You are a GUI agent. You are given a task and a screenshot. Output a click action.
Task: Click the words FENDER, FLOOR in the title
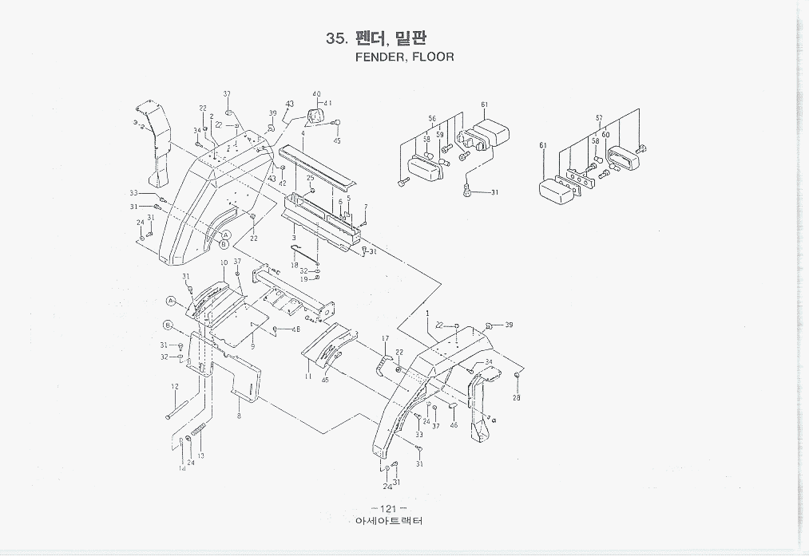coord(404,57)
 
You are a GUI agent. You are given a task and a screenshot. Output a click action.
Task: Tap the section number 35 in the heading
coord(335,38)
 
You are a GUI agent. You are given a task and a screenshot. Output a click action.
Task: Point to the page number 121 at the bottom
coord(388,509)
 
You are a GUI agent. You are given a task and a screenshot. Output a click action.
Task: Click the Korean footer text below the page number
coord(388,522)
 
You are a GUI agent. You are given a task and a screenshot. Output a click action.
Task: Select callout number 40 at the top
coord(316,94)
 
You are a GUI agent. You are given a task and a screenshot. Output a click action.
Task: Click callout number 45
coord(336,141)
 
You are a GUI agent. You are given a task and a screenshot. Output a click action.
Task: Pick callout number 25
coord(310,178)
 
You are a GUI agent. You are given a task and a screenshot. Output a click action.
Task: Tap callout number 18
coord(295,264)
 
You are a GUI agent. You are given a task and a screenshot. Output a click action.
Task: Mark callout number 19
coord(303,279)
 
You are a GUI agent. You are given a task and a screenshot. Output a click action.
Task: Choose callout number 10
coord(224,262)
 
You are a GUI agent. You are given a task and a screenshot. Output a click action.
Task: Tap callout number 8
coord(239,416)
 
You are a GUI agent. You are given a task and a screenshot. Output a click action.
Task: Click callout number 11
coord(308,375)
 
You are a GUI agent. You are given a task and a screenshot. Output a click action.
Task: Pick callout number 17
coord(384,338)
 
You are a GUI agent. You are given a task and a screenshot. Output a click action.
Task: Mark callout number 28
coord(517,397)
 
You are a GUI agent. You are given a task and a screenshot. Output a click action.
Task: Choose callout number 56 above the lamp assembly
coord(432,118)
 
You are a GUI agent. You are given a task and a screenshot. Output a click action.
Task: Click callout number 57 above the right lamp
coord(599,118)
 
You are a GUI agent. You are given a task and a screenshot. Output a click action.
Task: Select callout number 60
coord(606,135)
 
